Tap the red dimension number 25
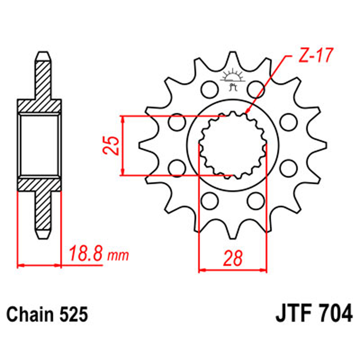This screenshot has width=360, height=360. tap(111, 145)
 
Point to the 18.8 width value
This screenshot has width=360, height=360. tap(86, 253)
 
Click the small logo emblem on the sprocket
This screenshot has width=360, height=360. tap(233, 79)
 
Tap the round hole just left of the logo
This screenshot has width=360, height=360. tap(208, 88)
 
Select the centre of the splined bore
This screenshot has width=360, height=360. tap(233, 145)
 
